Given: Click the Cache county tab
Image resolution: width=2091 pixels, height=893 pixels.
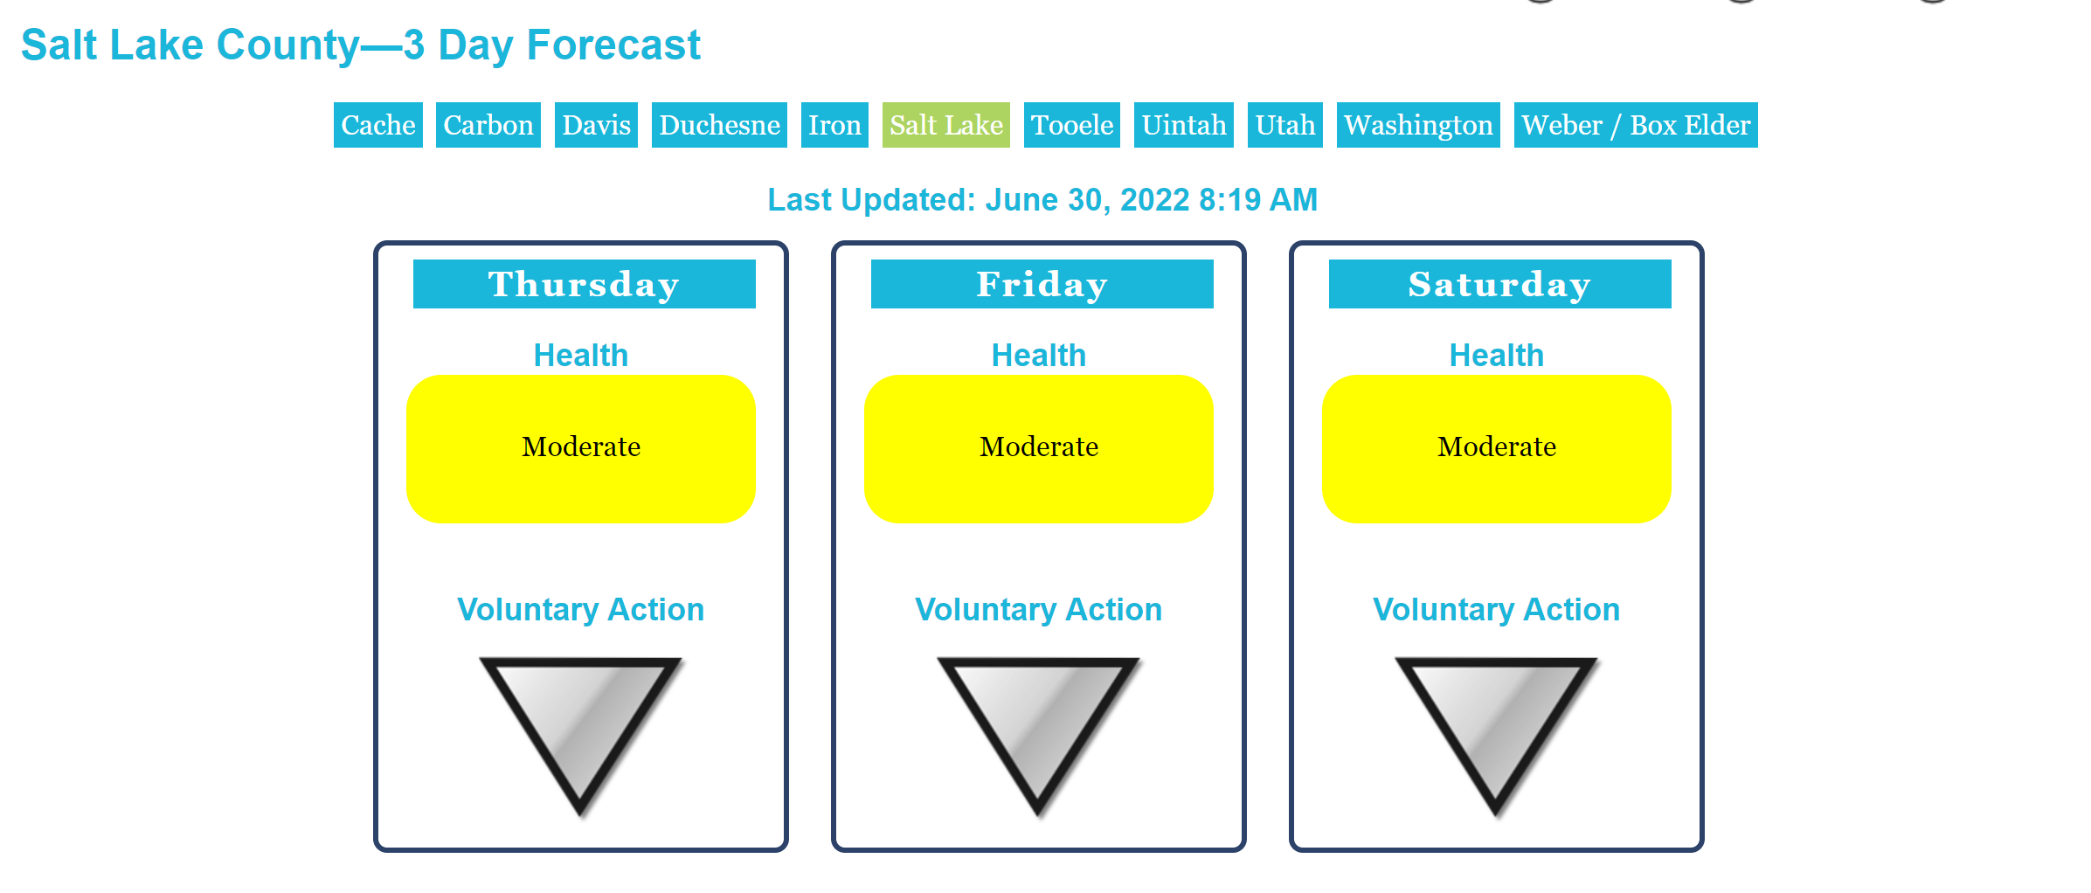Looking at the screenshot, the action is point(377,125).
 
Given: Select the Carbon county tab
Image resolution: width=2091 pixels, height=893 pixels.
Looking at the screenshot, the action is point(488,125).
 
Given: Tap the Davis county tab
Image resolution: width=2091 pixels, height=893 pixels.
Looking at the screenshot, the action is point(596,125).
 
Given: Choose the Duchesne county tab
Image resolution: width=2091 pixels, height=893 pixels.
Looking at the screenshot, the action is point(719,125).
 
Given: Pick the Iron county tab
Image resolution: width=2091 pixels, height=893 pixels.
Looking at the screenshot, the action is point(834,125).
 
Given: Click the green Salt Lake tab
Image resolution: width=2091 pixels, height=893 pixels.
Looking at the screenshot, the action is point(946,125).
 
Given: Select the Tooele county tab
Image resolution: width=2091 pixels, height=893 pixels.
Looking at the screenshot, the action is point(1072,125).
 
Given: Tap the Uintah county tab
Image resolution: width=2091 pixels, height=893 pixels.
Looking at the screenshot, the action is point(1184,125).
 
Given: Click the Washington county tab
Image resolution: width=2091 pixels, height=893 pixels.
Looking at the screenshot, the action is point(1418,125).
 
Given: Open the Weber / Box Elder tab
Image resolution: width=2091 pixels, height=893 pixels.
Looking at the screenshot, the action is point(1636,125).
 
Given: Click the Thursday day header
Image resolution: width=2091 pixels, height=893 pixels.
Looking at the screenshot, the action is point(585,284).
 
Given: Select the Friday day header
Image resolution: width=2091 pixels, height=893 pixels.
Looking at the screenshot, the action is point(1042,284).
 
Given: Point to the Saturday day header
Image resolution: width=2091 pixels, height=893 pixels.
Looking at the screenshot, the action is point(1500,284).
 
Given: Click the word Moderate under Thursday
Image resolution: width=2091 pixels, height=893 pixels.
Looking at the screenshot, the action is point(581,446).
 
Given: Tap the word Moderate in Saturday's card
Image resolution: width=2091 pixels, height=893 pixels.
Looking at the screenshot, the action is point(1497,446).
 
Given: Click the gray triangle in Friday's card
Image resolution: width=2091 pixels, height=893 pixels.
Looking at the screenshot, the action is point(1038,725).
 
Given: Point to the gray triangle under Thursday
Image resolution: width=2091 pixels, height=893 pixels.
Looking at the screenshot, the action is point(580,725).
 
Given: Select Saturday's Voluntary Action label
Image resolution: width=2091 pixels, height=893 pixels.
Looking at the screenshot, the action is point(1497,610).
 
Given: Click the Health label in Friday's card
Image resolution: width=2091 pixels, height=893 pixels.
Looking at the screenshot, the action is point(1039,356).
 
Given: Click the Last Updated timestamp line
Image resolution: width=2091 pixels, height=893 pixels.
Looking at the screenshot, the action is point(1042,200).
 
